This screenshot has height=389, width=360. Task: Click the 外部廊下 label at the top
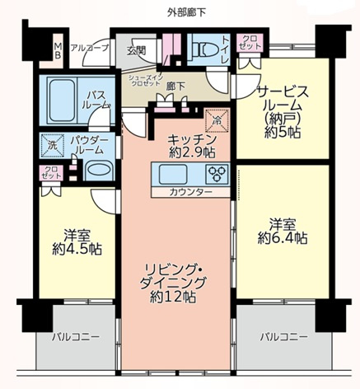click(x=180, y=12)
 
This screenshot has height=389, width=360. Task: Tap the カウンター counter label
click(x=191, y=192)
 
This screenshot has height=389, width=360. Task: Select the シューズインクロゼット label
click(x=147, y=79)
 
